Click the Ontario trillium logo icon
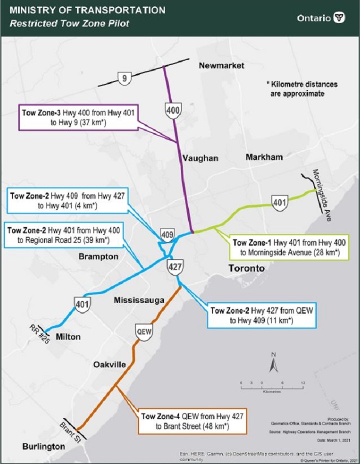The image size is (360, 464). tap(339, 17)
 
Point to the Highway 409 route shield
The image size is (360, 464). tap(166, 234)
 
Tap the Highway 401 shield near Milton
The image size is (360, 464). tap(82, 304)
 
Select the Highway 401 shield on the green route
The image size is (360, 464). tap(279, 202)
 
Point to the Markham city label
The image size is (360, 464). tap(264, 157)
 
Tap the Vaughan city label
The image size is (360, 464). tap(200, 158)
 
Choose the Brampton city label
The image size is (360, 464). tap(98, 256)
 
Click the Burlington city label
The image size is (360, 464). tap(44, 446)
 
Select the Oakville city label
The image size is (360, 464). tap(109, 364)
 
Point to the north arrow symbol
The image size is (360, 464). tap(273, 363)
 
